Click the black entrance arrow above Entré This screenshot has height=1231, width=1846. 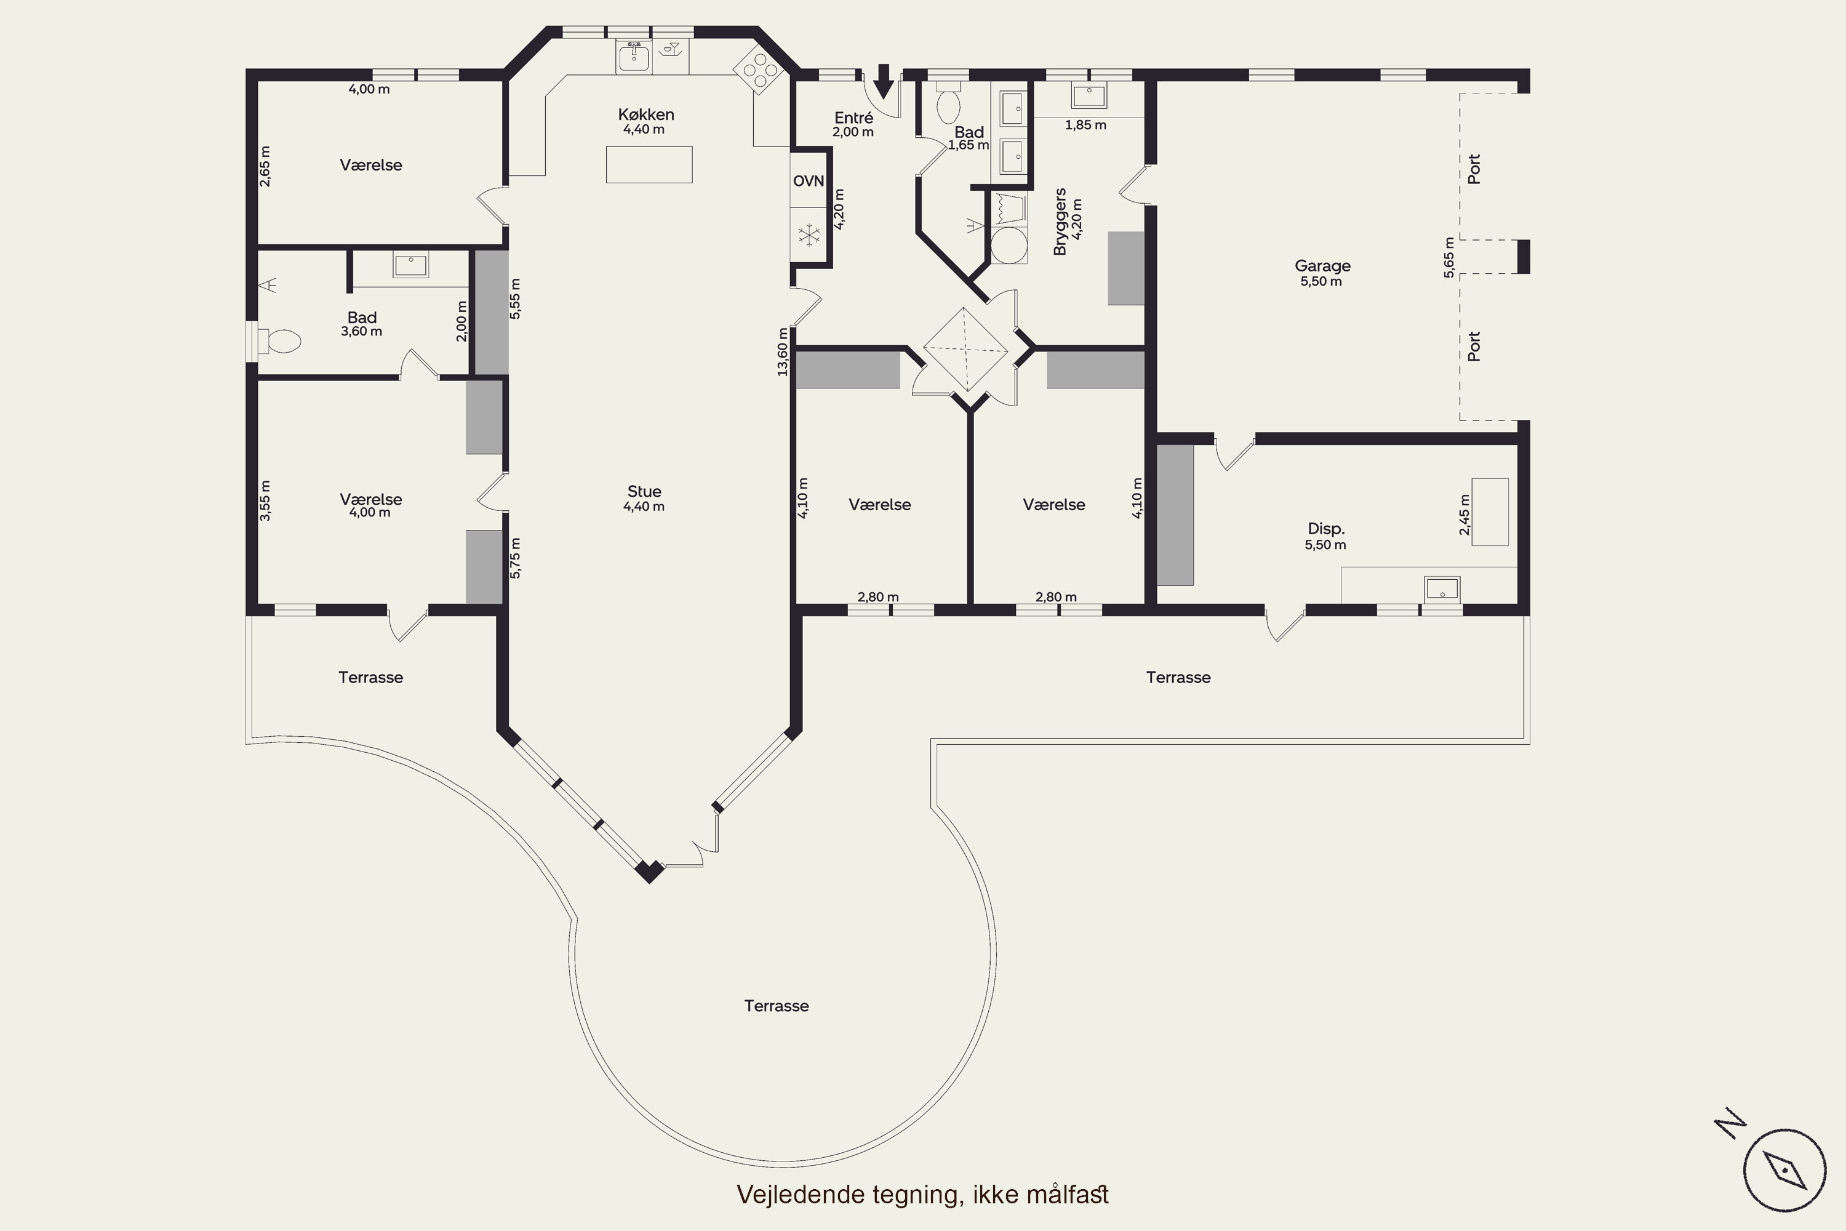(884, 81)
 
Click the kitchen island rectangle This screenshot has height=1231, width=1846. (649, 164)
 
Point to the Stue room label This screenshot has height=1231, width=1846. (644, 491)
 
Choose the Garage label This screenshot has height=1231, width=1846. (1322, 266)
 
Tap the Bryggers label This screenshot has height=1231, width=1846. (1060, 222)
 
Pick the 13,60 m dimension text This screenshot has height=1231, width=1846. (783, 351)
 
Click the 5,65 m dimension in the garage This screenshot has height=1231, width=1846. (1449, 257)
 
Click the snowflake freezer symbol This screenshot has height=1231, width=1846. (809, 234)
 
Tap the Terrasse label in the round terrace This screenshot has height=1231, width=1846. (776, 1006)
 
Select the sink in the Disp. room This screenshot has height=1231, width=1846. (1442, 588)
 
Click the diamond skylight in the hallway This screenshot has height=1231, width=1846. (965, 350)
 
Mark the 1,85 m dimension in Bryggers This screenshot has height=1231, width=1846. (1085, 125)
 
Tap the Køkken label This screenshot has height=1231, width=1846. (646, 114)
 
